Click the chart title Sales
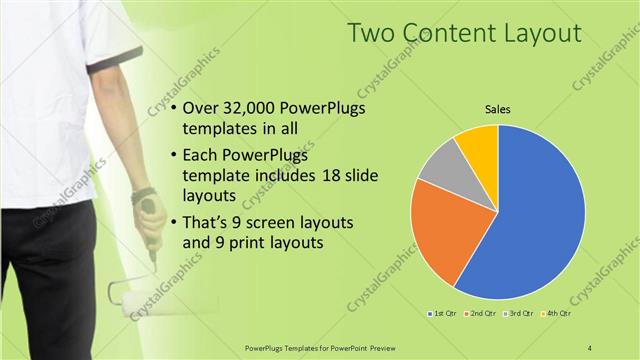(498, 112)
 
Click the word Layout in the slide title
(538, 33)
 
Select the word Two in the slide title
(372, 33)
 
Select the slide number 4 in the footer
(590, 347)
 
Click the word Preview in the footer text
(379, 347)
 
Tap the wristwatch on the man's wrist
(142, 195)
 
